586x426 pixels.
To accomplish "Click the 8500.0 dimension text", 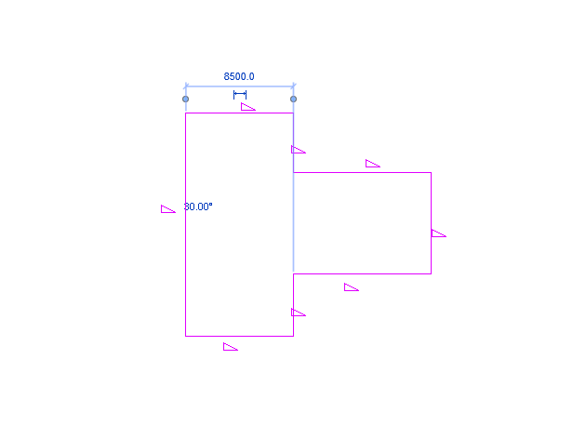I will coord(239,77).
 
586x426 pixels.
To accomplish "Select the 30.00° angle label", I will coord(198,206).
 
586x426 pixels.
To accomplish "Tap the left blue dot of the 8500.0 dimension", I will coord(185,99).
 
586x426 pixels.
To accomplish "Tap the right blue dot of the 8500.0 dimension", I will coord(293,99).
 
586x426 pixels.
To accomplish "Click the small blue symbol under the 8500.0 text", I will coord(240,94).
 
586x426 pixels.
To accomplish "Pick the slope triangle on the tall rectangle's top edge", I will coord(247,107).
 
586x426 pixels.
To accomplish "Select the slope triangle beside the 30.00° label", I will coord(167,209).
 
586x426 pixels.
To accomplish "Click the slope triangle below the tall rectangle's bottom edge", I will coord(230,348).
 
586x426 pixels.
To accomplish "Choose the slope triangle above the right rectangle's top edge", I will coord(372,164).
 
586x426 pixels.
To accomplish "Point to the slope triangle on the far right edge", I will coord(438,233).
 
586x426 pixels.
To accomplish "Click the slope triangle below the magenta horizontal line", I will coord(351,287).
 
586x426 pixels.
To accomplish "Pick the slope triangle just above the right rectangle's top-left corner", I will coord(298,150).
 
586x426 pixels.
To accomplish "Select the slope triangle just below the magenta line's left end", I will coord(298,313).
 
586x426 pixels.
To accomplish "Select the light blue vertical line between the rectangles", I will coord(293,223).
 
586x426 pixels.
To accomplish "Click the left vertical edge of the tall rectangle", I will coord(185,270).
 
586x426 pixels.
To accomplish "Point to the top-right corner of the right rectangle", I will coord(431,172).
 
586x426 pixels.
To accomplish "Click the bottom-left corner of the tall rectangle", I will coord(185,336).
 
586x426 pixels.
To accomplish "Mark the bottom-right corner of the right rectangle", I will coord(431,273).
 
